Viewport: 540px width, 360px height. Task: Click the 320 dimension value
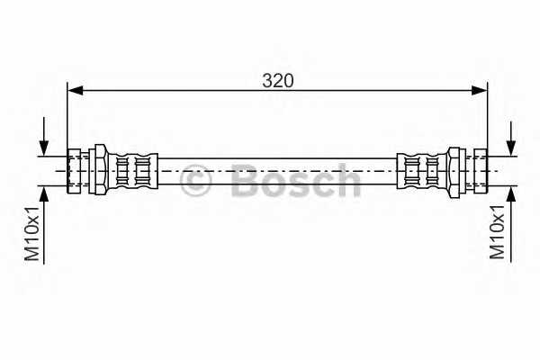tap(278, 81)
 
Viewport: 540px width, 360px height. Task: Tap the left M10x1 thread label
tap(32, 233)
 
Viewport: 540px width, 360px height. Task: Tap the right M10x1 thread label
tap(497, 232)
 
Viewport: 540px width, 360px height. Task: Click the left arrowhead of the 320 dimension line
tap(76, 91)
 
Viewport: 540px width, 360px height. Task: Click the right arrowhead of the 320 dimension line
tap(480, 91)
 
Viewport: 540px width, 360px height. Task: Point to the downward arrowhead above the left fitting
tap(44, 148)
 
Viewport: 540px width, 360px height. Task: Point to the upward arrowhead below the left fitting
tap(44, 194)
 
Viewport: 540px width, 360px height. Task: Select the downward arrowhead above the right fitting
tap(511, 148)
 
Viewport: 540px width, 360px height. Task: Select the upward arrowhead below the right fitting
tap(511, 194)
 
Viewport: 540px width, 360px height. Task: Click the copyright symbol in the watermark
tap(195, 180)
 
